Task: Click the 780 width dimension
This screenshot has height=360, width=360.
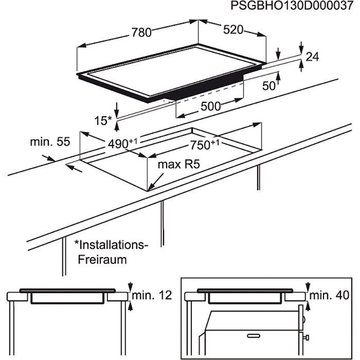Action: click(140, 32)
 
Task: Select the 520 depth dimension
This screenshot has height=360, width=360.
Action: click(233, 30)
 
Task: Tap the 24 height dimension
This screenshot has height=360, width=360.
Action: click(312, 58)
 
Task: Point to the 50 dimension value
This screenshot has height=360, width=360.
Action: click(269, 86)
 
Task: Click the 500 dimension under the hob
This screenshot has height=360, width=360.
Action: click(210, 106)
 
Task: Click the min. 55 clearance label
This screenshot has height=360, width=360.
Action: click(49, 141)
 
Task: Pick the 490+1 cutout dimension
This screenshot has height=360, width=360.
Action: click(120, 145)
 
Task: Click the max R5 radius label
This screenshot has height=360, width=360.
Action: click(177, 165)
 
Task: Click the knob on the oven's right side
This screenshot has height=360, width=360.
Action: click(305, 337)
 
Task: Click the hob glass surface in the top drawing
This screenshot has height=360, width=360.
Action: click(170, 72)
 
